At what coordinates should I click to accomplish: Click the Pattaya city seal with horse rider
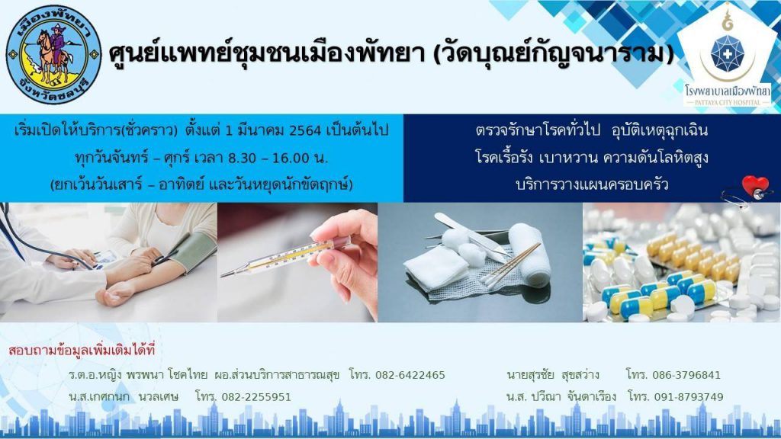pyautogui.click(x=53, y=54)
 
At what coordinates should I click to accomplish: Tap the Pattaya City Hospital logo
pyautogui.click(x=728, y=56)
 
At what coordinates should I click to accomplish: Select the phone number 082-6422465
pyautogui.click(x=410, y=375)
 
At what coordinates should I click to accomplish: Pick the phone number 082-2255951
pyautogui.click(x=256, y=397)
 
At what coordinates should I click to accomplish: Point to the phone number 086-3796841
pyautogui.click(x=686, y=375)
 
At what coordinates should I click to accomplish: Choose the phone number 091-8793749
pyautogui.click(x=689, y=397)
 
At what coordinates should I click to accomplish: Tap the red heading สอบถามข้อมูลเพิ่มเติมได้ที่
pyautogui.click(x=82, y=351)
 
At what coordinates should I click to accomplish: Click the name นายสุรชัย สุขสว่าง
pyautogui.click(x=553, y=375)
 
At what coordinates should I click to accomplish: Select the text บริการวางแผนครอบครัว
pyautogui.click(x=592, y=184)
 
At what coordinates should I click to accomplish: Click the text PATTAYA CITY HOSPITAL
pyautogui.click(x=728, y=102)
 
